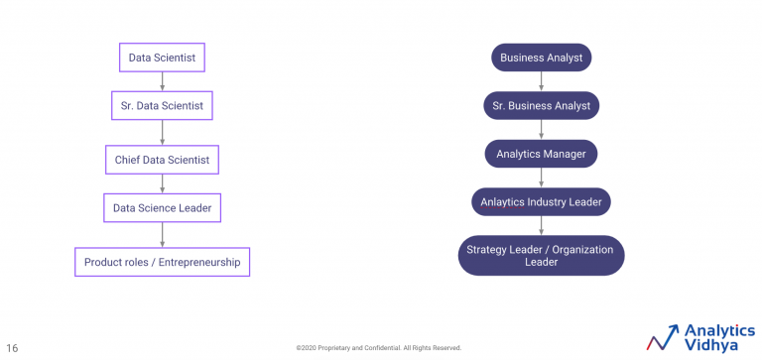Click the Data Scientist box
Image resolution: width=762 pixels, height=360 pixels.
click(162, 58)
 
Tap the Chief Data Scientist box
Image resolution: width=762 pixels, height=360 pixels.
click(162, 158)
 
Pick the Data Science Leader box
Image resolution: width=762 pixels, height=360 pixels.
click(162, 208)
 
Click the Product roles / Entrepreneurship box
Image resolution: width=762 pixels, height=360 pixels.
click(162, 262)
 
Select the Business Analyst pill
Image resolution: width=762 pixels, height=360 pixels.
click(541, 58)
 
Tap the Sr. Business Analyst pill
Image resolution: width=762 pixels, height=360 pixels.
click(541, 106)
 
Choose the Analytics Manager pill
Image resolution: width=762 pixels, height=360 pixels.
click(541, 154)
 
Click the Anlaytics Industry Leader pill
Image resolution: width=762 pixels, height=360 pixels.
click(541, 202)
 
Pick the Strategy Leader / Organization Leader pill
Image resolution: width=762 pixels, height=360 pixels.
click(541, 256)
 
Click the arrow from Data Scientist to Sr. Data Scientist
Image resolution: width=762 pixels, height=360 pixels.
click(162, 81)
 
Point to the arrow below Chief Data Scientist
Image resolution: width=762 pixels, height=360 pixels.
click(162, 182)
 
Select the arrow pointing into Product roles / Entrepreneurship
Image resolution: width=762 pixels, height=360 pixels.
click(162, 235)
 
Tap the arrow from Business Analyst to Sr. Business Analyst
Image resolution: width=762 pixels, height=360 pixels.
click(541, 81)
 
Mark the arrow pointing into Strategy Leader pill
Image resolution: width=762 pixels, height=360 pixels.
click(541, 225)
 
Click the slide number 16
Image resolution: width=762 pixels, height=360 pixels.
click(12, 348)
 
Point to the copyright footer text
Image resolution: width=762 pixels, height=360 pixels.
click(378, 348)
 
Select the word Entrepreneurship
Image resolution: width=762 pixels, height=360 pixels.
click(200, 262)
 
